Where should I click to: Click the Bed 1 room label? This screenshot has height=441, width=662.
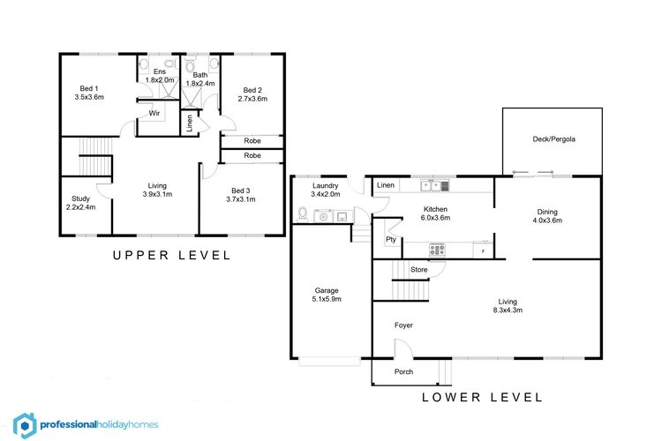[x=89, y=88]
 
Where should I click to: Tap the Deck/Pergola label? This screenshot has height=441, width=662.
[x=553, y=138]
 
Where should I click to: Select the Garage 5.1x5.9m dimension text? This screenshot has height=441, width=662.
[x=327, y=299]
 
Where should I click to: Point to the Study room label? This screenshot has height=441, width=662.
[x=80, y=198]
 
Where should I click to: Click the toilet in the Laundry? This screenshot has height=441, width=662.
[x=303, y=214]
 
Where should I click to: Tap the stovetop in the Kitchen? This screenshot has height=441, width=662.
[x=437, y=250]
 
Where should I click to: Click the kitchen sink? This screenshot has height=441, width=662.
[x=435, y=186]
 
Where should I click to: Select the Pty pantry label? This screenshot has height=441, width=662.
[x=391, y=239]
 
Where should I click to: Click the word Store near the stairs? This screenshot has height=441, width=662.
[x=418, y=269]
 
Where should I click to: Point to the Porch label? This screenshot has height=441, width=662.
[x=403, y=371]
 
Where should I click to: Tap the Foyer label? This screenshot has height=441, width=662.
[x=403, y=325]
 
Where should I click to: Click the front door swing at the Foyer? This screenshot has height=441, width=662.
[x=403, y=348]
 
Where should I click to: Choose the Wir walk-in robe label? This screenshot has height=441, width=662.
[x=154, y=113]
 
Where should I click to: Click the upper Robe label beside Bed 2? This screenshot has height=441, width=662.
[x=252, y=140]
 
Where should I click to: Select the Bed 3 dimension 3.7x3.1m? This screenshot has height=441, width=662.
[x=241, y=199]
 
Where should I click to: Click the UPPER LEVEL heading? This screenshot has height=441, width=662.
[x=172, y=255]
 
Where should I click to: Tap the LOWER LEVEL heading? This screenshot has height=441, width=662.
[x=482, y=397]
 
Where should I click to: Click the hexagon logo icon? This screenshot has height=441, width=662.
[x=25, y=426]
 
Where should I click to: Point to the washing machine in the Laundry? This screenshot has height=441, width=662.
[x=323, y=215]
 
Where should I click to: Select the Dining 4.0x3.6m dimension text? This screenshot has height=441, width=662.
[x=547, y=220]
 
